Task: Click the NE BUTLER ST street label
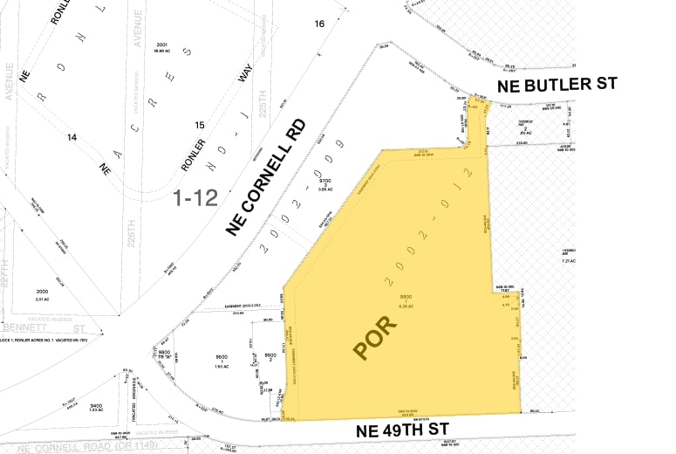557,85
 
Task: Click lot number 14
72,137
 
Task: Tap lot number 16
319,24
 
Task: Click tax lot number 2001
161,45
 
